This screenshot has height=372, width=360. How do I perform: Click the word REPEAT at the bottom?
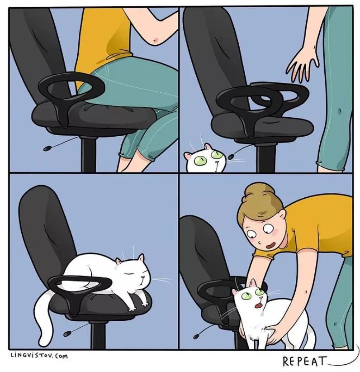click(304, 361)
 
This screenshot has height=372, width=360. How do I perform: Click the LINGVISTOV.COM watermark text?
click(39, 356)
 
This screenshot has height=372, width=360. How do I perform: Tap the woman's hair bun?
click(259, 191)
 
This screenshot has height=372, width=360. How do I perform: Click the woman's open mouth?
click(270, 245)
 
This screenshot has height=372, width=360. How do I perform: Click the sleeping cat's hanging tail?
click(46, 318)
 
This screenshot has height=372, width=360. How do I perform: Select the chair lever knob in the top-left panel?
click(47, 148)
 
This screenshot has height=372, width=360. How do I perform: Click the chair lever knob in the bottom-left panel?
click(66, 334)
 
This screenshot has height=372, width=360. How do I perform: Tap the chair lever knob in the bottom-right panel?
click(196, 336)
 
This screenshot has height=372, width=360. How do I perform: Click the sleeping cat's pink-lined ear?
click(141, 258)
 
